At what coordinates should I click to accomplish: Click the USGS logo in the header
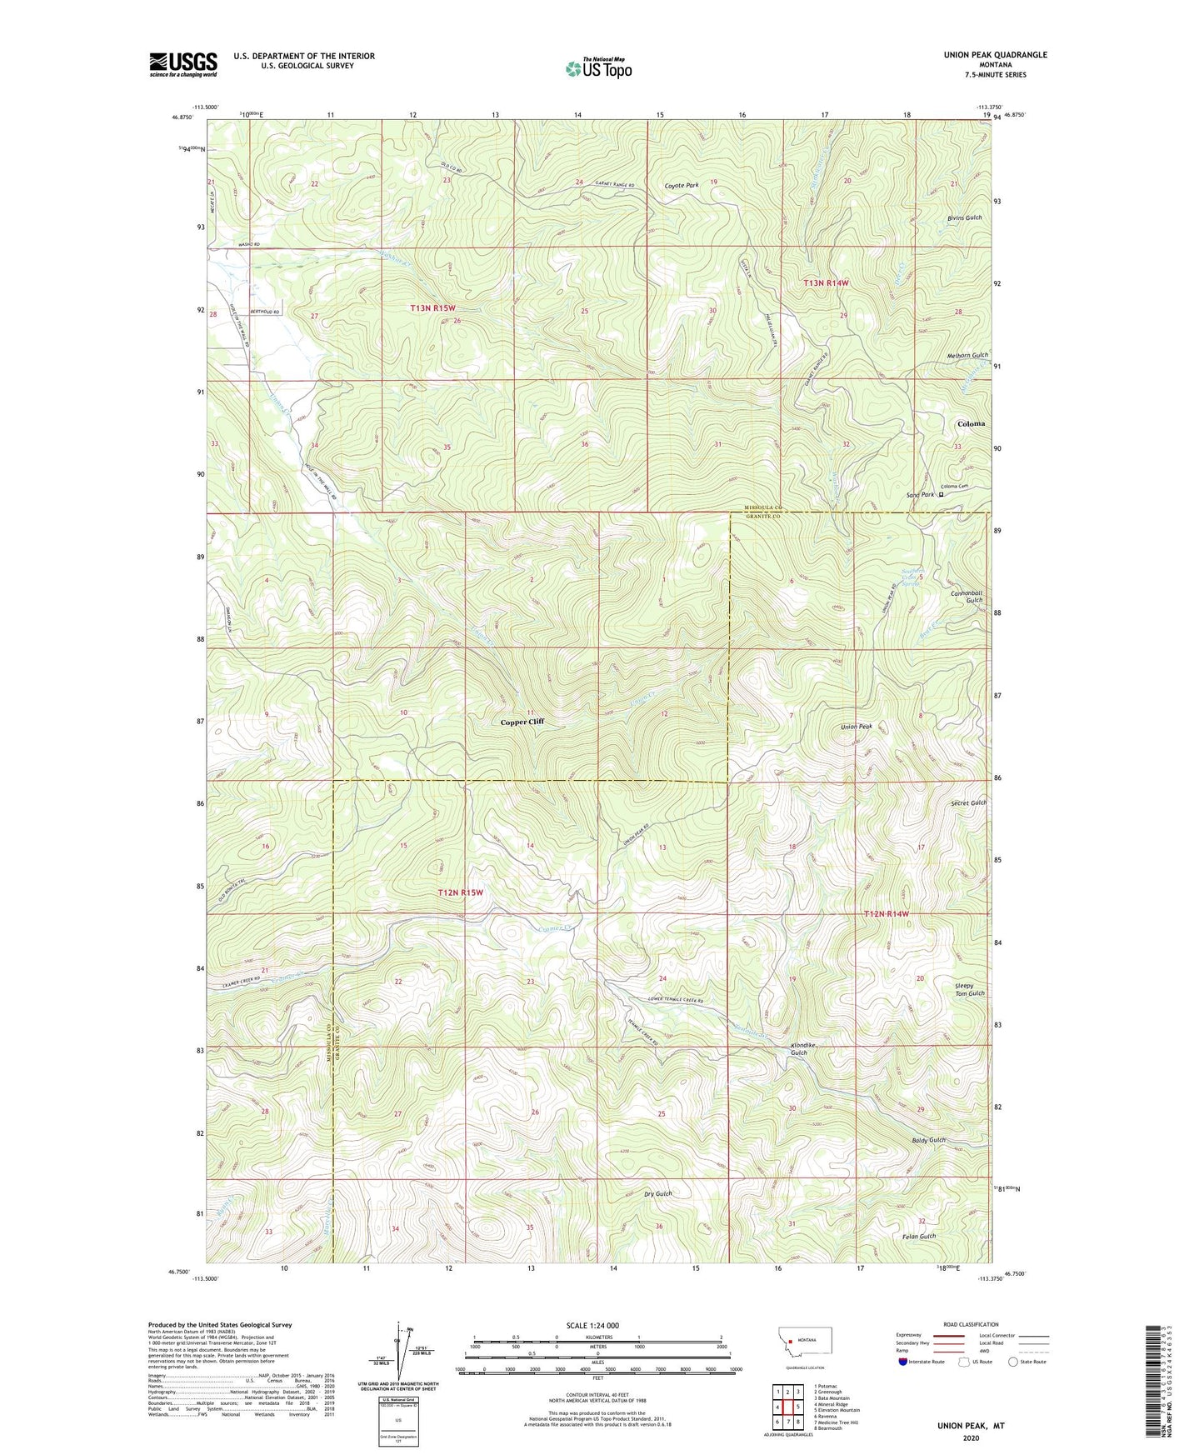click(182, 64)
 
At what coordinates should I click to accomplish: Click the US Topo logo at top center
click(597, 69)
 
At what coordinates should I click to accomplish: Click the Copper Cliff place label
click(522, 722)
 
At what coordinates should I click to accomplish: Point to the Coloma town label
click(971, 423)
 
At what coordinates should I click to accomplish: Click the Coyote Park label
click(682, 185)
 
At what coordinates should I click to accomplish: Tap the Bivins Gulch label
click(964, 217)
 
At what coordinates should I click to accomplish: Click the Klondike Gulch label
click(802, 1048)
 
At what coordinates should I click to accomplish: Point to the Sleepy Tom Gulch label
click(970, 989)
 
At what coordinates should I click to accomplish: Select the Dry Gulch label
click(657, 1193)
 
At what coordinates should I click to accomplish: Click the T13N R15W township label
click(433, 307)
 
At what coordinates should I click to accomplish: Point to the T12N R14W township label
click(886, 914)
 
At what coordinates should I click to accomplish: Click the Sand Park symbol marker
click(941, 494)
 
